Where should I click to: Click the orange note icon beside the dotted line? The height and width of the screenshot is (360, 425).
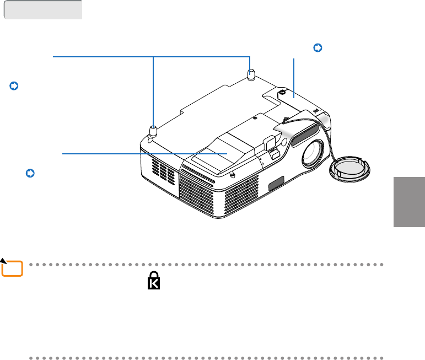12,268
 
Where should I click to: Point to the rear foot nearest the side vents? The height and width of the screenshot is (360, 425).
153,131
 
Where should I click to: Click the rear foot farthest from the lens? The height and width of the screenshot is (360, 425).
251,74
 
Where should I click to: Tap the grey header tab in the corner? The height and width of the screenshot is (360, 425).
43,10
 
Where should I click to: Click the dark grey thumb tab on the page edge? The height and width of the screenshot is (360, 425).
409,202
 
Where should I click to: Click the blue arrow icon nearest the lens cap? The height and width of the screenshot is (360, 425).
317,48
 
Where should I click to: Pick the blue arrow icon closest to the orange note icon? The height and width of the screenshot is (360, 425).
30,174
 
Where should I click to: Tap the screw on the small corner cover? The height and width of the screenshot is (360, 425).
282,93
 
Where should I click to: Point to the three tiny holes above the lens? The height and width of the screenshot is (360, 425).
315,110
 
